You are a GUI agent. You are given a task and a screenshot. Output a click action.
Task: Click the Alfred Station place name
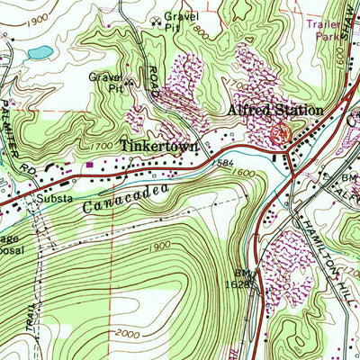coord(274,110)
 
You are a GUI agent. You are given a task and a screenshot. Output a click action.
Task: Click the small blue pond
coord(39,52)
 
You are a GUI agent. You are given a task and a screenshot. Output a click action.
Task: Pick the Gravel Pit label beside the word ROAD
coord(104,83)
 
